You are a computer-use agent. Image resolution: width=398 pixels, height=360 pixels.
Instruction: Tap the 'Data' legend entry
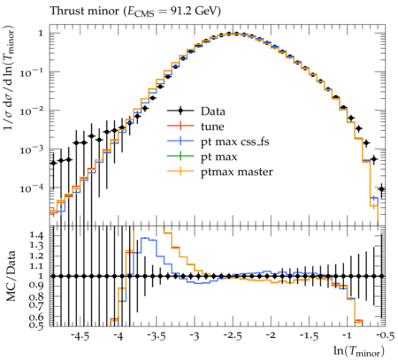click(213, 111)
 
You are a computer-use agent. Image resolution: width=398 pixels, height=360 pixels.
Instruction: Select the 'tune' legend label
click(212, 126)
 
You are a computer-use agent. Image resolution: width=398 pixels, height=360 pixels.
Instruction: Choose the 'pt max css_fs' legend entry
click(235, 142)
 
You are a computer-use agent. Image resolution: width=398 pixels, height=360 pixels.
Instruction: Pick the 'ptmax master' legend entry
click(237, 172)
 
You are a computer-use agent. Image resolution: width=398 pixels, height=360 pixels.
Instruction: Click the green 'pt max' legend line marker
click(180, 157)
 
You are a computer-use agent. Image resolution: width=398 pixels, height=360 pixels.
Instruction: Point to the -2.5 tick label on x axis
click(233, 336)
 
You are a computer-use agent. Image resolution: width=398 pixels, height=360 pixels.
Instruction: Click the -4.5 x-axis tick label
click(80, 336)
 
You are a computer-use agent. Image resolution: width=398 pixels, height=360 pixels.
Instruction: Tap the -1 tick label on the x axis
click(347, 336)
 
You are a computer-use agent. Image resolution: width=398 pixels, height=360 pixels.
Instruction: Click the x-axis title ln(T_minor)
click(359, 351)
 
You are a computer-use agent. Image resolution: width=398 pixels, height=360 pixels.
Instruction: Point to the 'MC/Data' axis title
click(11, 276)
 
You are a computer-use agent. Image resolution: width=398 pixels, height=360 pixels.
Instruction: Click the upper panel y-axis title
click(10, 78)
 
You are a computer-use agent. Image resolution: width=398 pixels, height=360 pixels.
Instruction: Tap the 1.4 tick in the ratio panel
click(36, 235)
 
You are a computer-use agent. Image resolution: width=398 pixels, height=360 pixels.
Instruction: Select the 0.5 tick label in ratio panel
click(36, 325)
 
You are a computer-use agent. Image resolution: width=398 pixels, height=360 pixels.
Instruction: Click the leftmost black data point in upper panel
click(53, 163)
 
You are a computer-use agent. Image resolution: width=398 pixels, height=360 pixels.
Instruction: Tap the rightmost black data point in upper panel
click(381, 189)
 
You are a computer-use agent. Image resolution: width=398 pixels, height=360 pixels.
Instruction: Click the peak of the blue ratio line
click(145, 238)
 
